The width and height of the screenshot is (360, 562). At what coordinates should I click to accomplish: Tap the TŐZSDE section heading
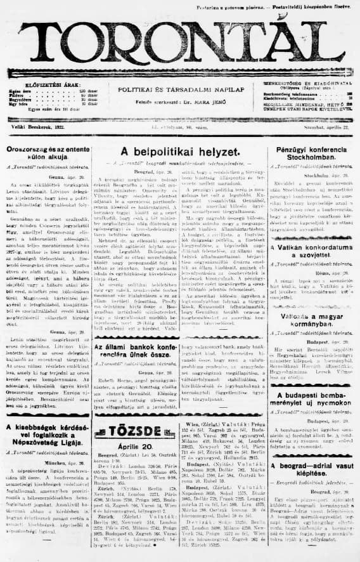point(136,431)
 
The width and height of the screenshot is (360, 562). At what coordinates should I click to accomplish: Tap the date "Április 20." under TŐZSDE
point(135,445)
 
